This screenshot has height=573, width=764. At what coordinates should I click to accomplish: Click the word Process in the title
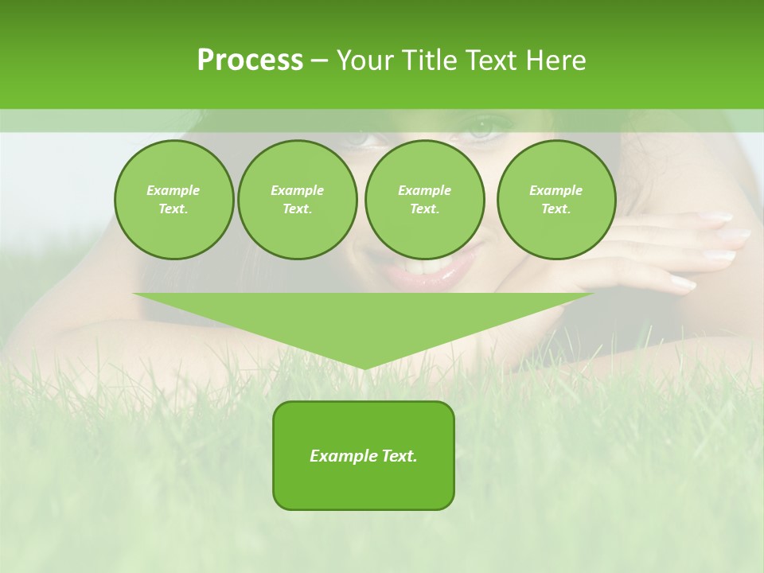tap(250, 60)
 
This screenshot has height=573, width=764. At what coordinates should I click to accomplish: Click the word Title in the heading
tap(427, 60)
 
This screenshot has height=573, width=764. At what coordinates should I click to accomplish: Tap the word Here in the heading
tap(555, 60)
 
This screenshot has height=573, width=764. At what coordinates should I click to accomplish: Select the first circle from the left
tap(173, 200)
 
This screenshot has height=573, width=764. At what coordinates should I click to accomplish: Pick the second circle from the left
tap(297, 200)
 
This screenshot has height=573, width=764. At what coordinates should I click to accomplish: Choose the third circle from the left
tap(424, 200)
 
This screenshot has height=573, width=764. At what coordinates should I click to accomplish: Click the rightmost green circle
tap(555, 200)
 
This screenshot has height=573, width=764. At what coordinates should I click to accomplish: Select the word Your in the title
tap(364, 60)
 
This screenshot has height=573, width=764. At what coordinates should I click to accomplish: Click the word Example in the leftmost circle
tap(173, 190)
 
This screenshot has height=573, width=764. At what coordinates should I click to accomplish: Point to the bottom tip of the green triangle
tap(363, 367)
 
